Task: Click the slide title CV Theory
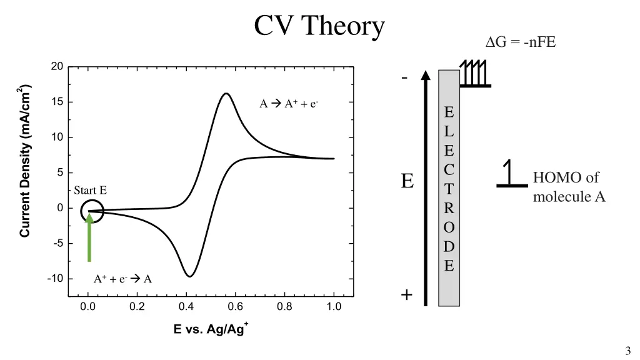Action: (x=319, y=26)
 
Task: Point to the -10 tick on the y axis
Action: (x=55, y=279)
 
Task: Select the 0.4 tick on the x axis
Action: (x=186, y=307)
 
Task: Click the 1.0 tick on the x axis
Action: (x=334, y=307)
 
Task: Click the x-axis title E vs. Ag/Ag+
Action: (x=211, y=329)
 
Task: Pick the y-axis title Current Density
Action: (x=25, y=161)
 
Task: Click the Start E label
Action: (x=90, y=191)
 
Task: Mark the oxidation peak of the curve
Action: (x=226, y=94)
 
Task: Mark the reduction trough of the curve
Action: (x=189, y=276)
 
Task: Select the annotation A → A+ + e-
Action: (x=289, y=104)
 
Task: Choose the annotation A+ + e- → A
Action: (x=122, y=279)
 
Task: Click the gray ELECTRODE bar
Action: (x=449, y=187)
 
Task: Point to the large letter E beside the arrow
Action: (x=407, y=181)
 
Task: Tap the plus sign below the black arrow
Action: (x=407, y=294)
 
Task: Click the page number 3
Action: (x=627, y=351)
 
